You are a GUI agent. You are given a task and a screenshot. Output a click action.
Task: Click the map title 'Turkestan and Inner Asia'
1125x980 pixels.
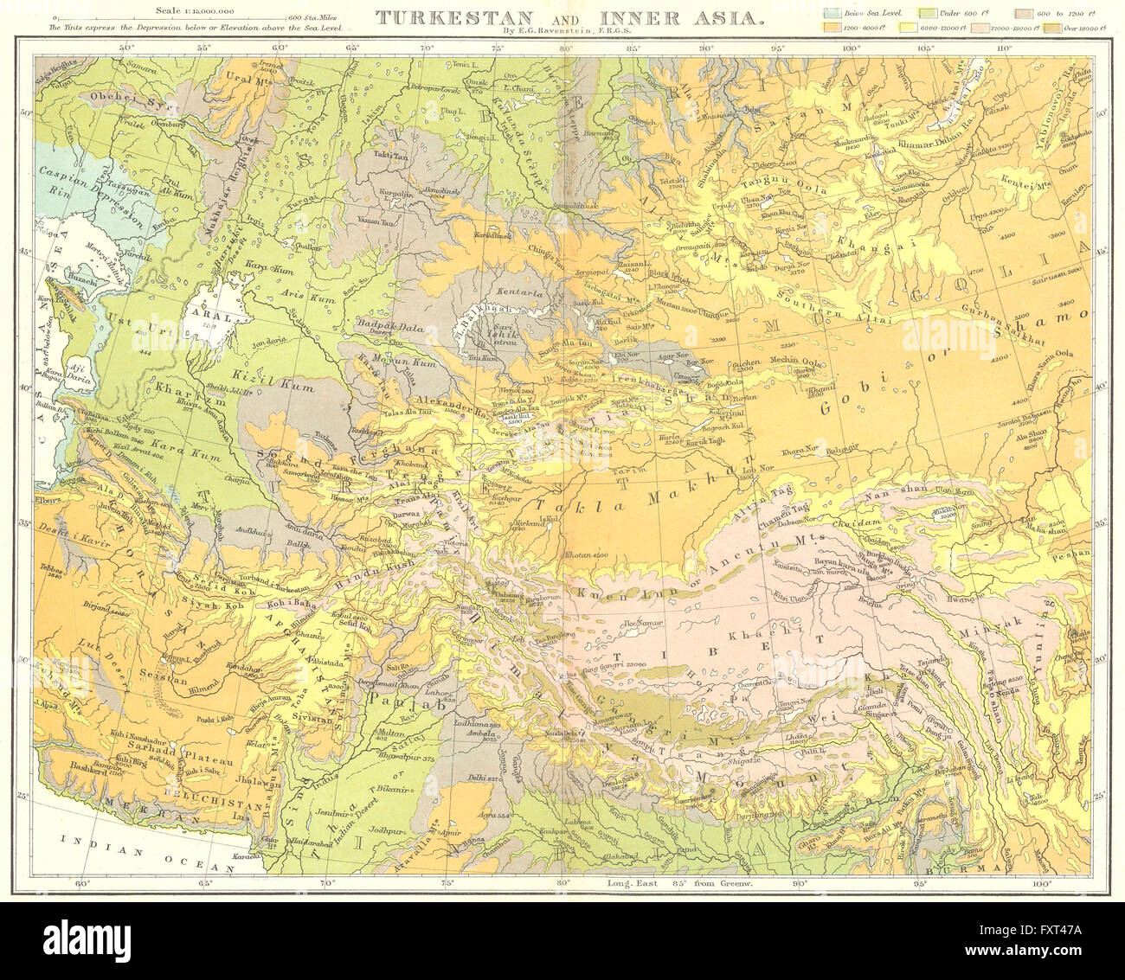[569, 15]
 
